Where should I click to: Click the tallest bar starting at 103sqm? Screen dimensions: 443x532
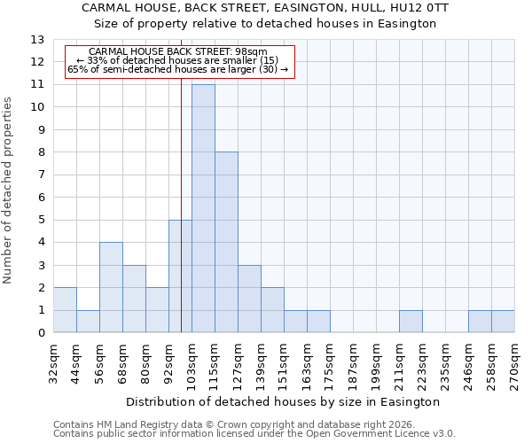[x=203, y=209]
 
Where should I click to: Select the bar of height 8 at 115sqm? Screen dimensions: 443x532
[x=226, y=243]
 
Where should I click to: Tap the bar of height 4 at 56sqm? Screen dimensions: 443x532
[x=111, y=288]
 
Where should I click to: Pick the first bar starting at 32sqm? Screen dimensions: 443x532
[x=65, y=310]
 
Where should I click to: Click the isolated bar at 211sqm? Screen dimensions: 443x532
[x=411, y=322]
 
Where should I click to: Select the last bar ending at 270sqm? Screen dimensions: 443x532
[x=503, y=322]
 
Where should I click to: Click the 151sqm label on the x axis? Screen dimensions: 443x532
[x=285, y=364]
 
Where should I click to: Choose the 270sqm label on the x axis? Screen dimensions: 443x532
[x=515, y=364]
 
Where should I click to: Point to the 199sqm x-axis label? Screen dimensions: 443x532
[x=377, y=364]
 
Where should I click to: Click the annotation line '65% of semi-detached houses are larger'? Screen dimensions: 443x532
[x=177, y=69]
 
